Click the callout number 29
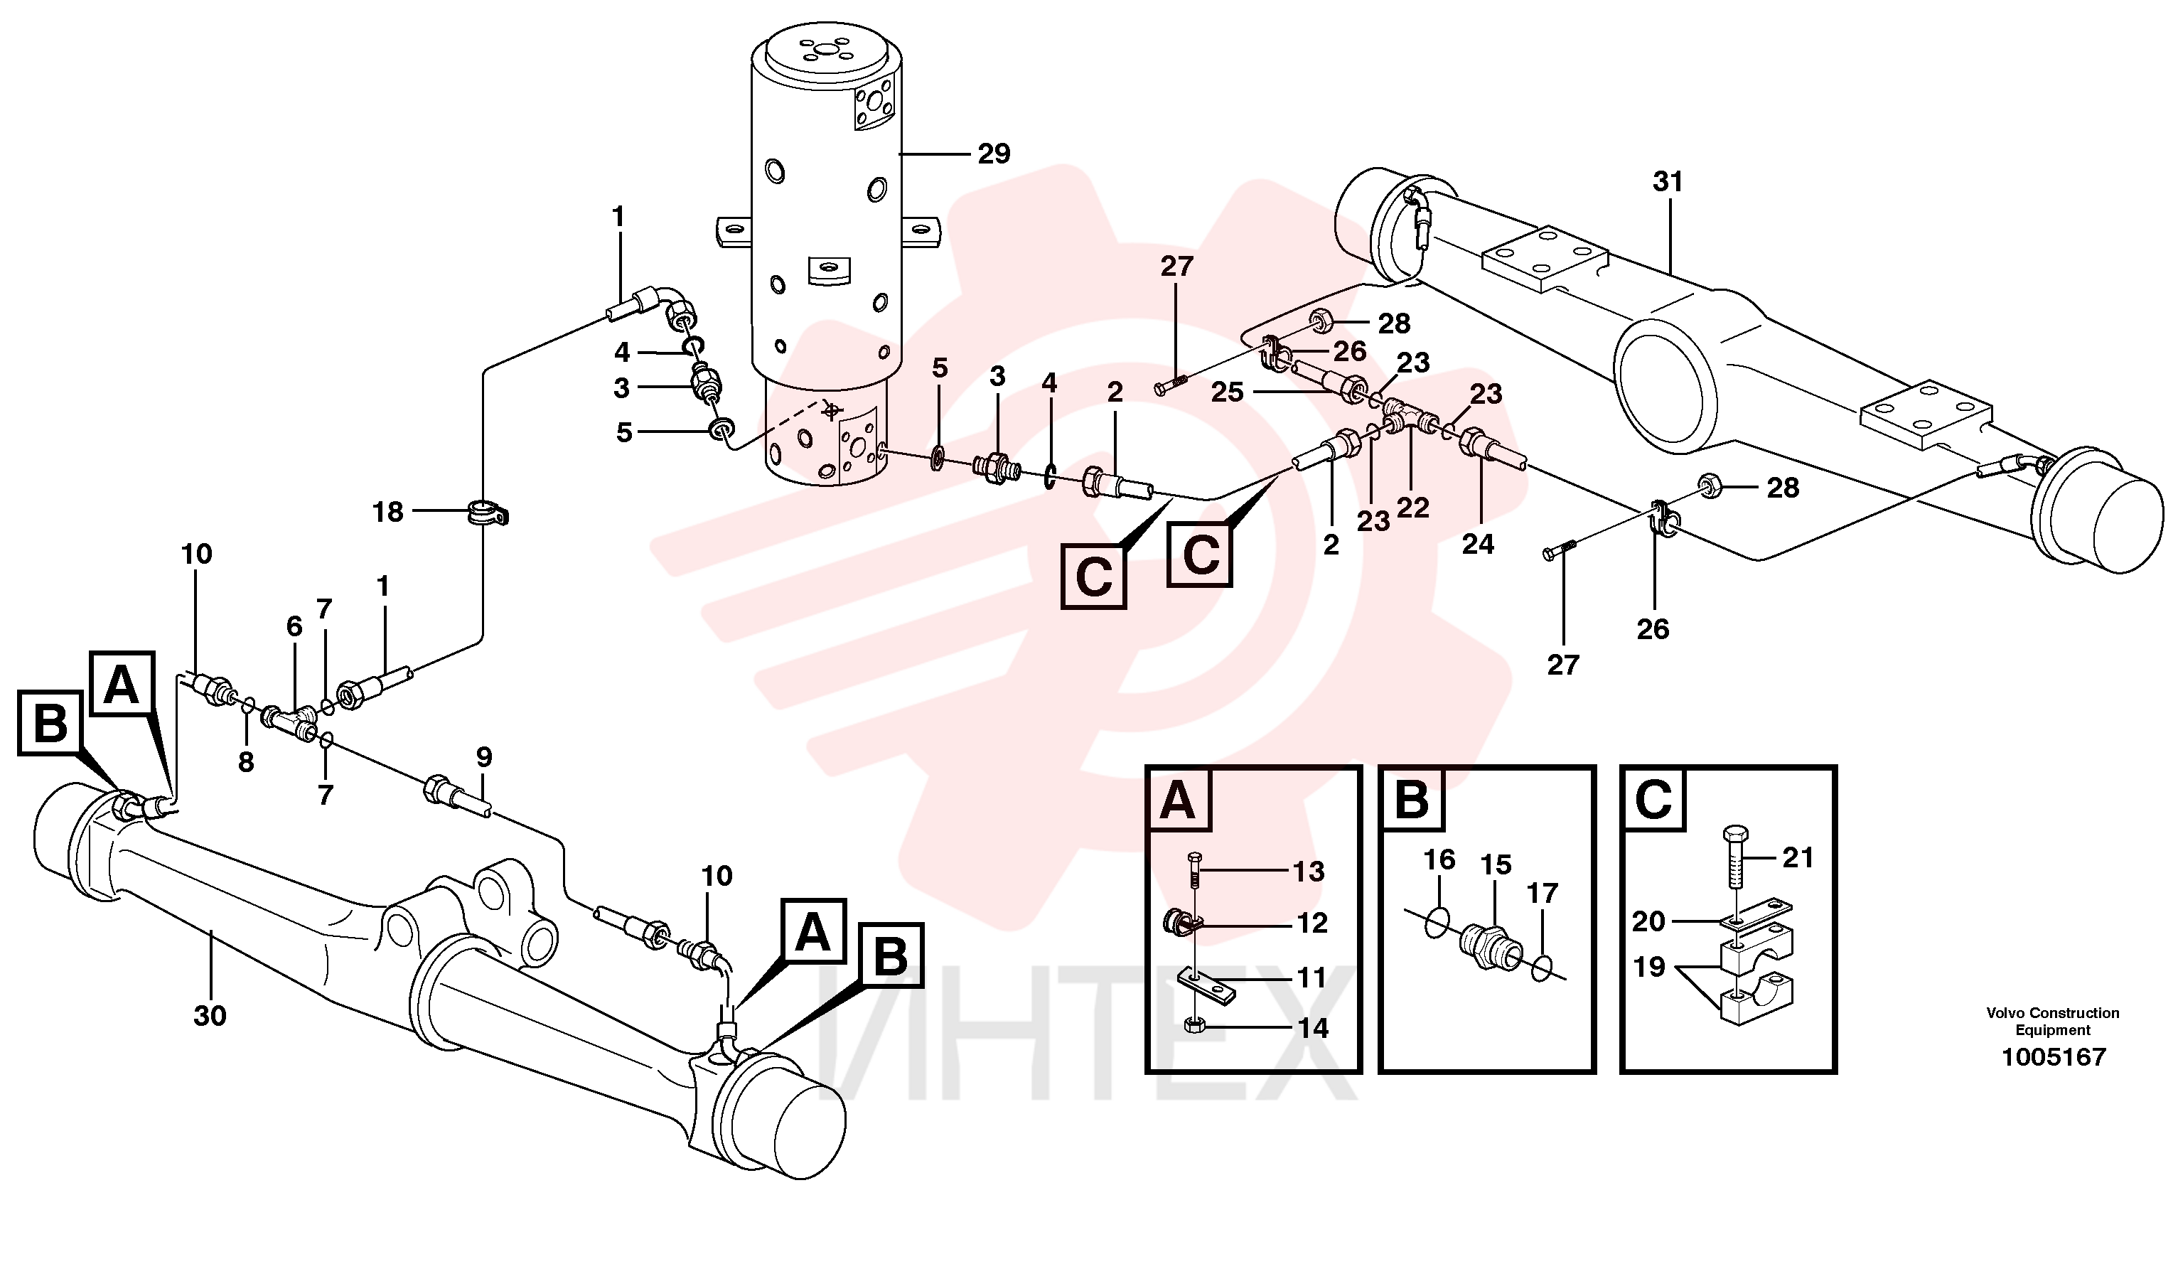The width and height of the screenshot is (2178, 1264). (x=994, y=154)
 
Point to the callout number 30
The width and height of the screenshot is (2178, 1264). (x=210, y=1016)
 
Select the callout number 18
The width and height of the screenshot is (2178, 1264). (x=387, y=513)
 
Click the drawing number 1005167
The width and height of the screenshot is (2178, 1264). (x=2054, y=1057)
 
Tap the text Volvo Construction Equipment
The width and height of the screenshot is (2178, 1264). (x=2053, y=1021)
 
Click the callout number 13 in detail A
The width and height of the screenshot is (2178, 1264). (x=1309, y=872)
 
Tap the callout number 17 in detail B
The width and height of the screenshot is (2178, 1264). (x=1542, y=893)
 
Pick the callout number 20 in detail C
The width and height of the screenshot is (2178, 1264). (x=1648, y=921)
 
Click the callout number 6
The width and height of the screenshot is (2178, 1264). (x=295, y=627)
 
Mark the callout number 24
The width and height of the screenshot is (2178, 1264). (x=1478, y=544)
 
